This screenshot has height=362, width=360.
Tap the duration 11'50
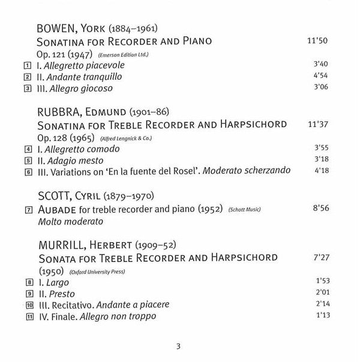pos(319,41)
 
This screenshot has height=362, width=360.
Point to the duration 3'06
pos(322,89)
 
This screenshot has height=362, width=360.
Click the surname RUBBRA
pos(56,113)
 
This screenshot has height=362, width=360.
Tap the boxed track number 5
pos(27,161)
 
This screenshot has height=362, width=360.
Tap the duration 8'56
pos(322,210)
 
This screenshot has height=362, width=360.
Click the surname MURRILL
pos(58,245)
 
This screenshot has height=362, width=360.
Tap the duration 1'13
pos(322,316)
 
